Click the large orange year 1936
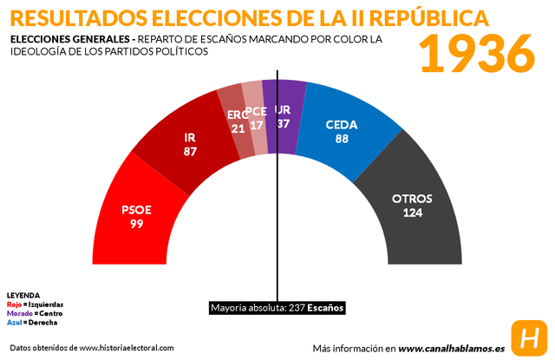coord(478,55)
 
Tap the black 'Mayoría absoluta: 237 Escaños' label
coord(277,308)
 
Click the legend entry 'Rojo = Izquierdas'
coord(35,304)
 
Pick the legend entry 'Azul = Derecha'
coord(32,322)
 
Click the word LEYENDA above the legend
coord(23,296)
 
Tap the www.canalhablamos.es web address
coord(451,348)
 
